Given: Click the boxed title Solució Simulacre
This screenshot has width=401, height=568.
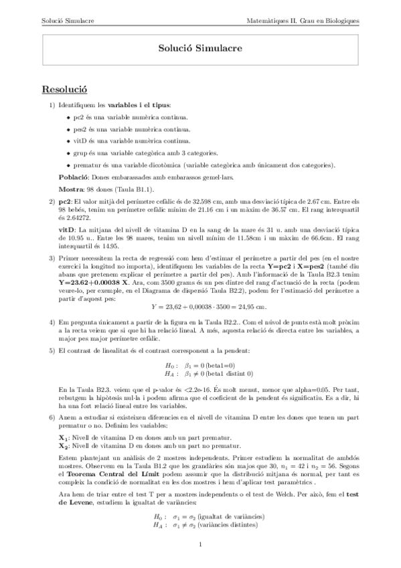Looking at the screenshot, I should (200, 49).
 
